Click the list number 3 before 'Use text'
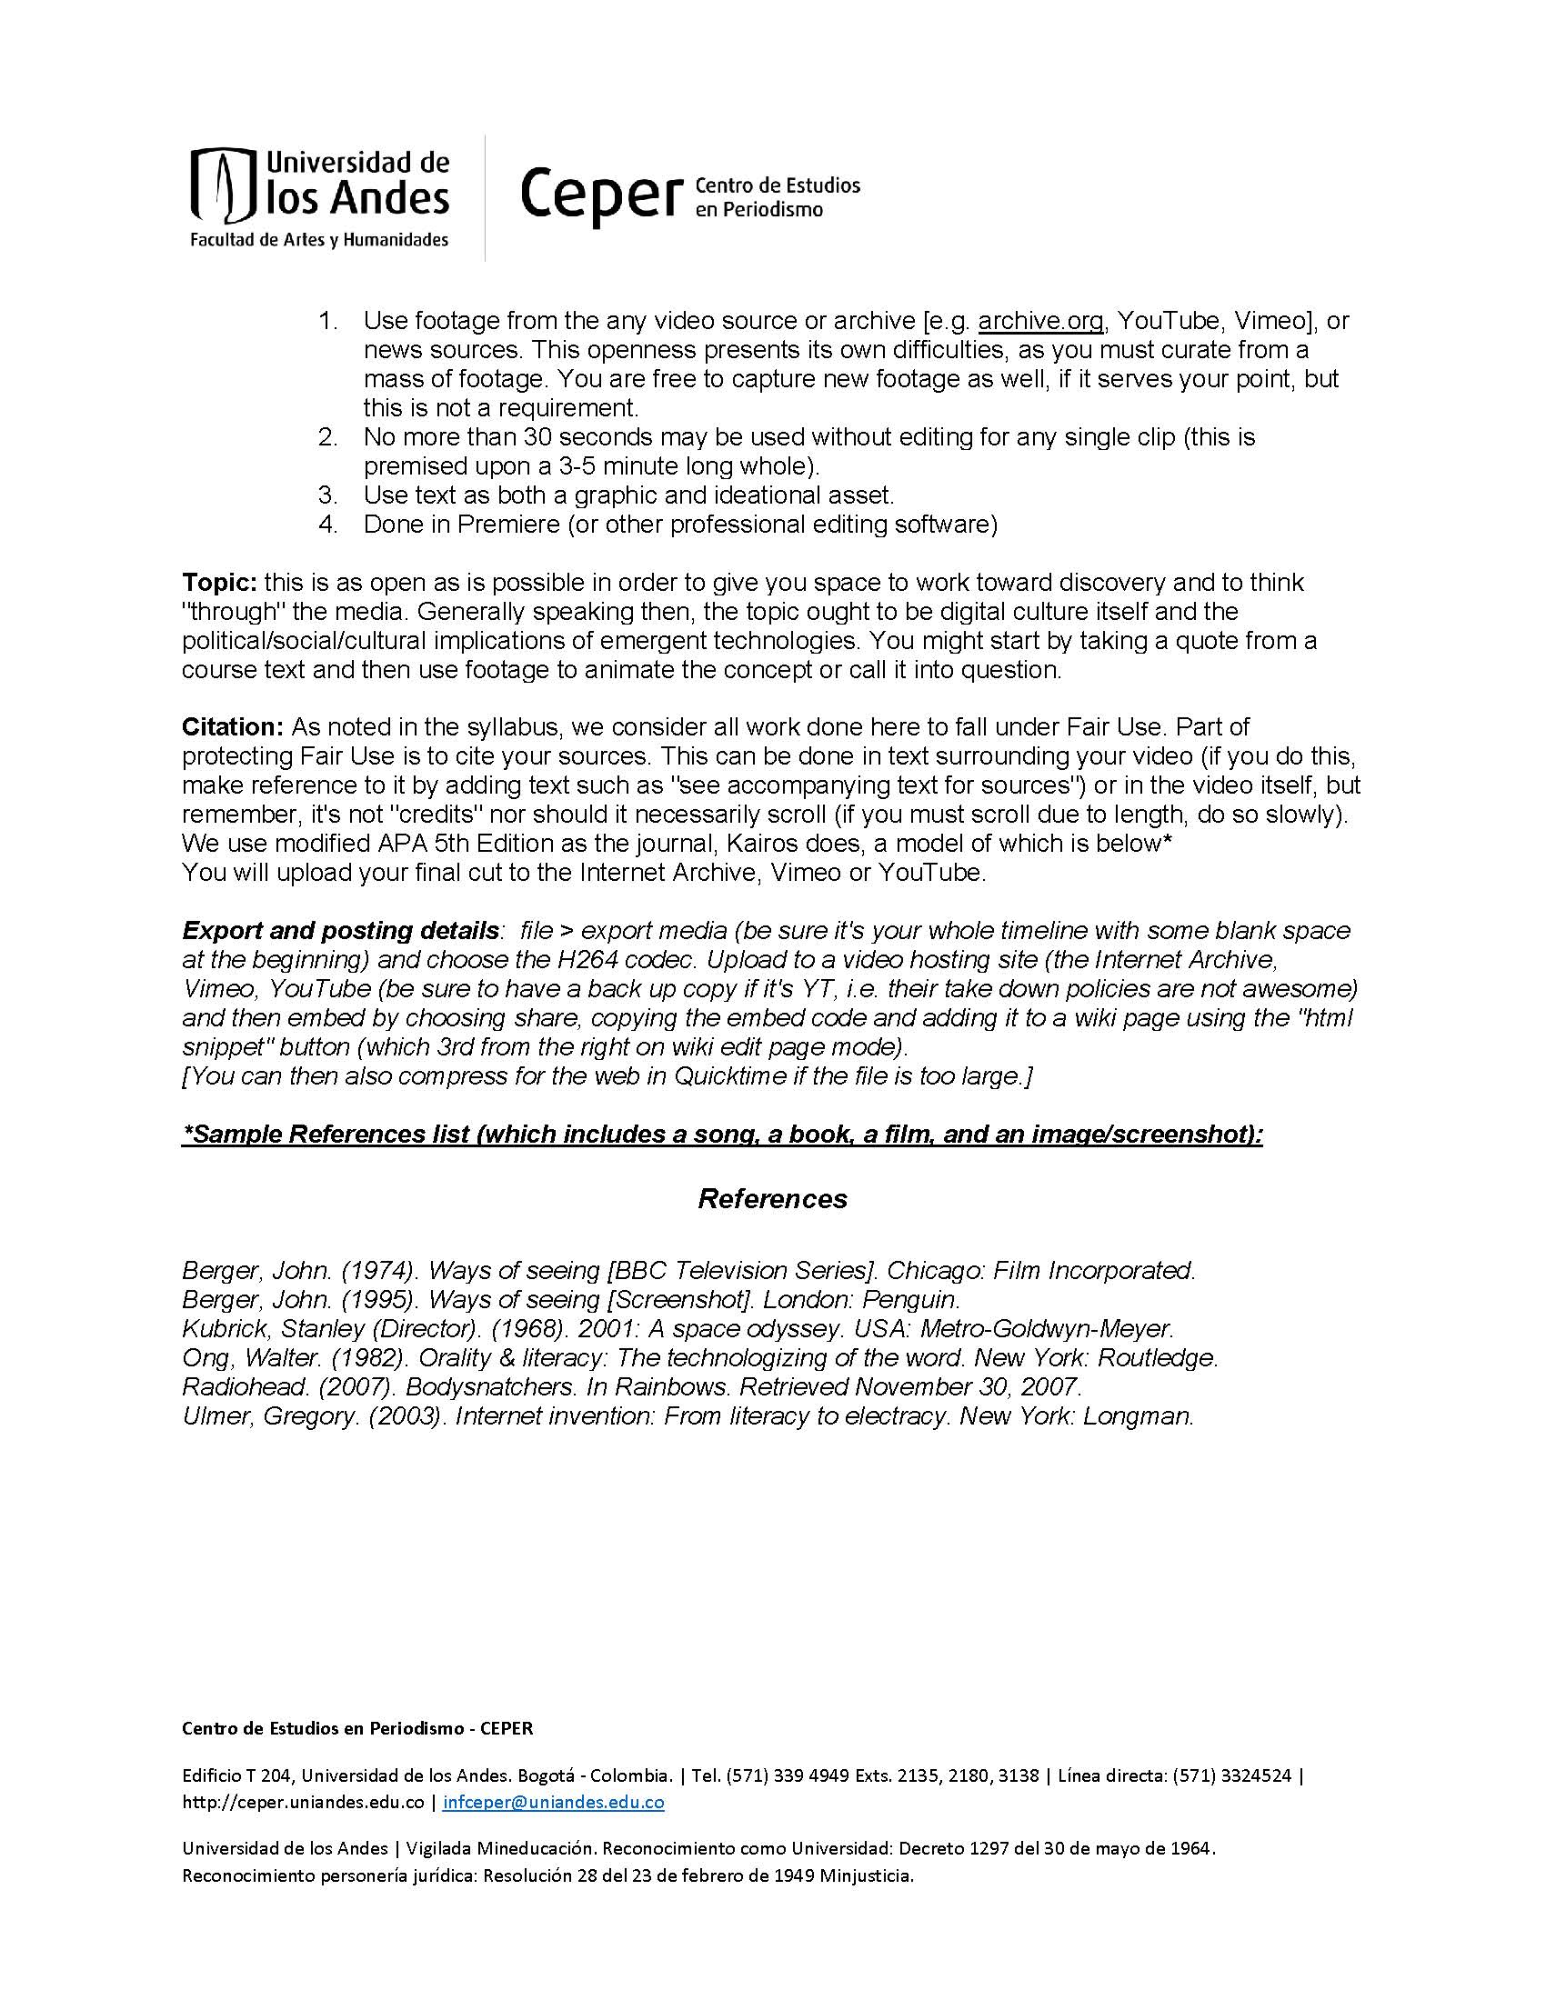pyautogui.click(x=328, y=495)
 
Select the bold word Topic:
pyautogui.click(x=220, y=583)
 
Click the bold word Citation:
pyautogui.click(x=234, y=727)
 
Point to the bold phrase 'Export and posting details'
pyautogui.click(x=341, y=930)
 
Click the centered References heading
pyautogui.click(x=772, y=1199)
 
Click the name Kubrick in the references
pyautogui.click(x=220, y=1329)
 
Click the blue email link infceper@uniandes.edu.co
pyautogui.click(x=553, y=1802)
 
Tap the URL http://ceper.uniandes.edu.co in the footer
pyautogui.click(x=303, y=1802)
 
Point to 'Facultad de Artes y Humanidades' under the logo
pyautogui.click(x=318, y=240)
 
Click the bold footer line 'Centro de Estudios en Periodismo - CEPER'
pyautogui.click(x=357, y=1728)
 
